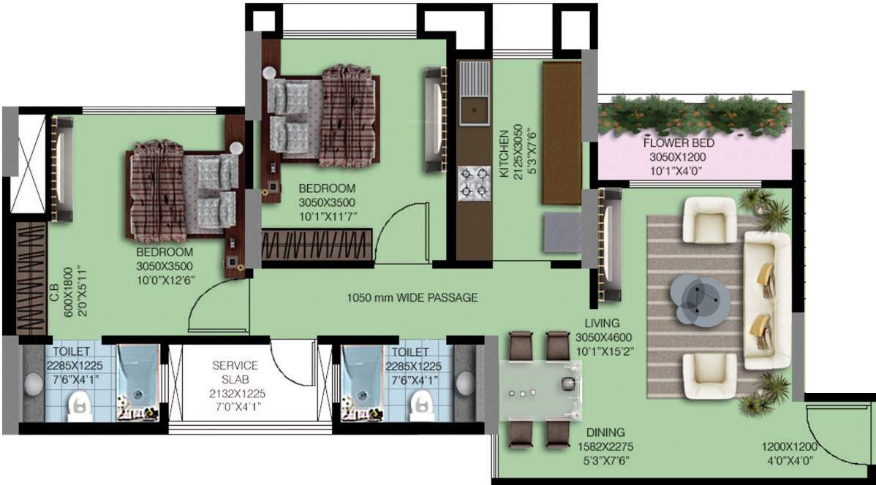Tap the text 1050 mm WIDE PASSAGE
coord(412,297)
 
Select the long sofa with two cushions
coord(766,301)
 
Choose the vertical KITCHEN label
coord(503,154)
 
